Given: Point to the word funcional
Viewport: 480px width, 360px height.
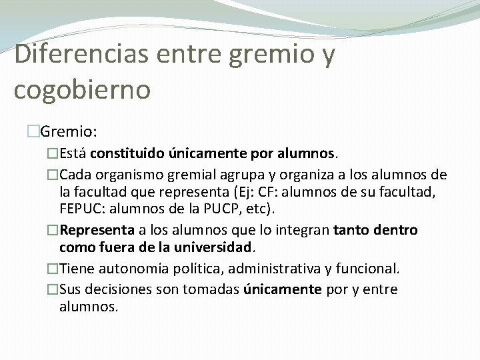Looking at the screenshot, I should (366, 269).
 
